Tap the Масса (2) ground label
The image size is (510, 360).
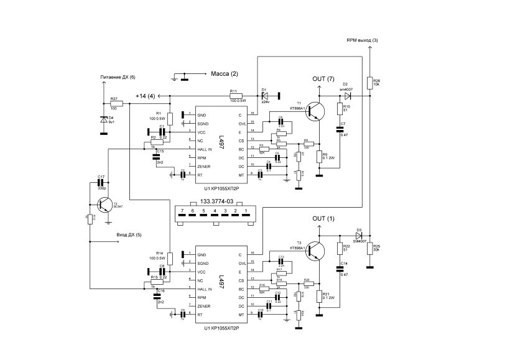point(225,74)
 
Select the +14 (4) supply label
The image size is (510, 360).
point(145,96)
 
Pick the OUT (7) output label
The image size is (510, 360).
point(323,79)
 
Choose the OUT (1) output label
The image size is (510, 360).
point(323,219)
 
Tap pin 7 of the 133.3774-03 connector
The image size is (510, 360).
point(182,212)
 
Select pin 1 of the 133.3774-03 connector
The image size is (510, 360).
point(247,212)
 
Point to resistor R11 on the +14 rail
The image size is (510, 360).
point(238,95)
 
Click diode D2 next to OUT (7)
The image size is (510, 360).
point(346,96)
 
